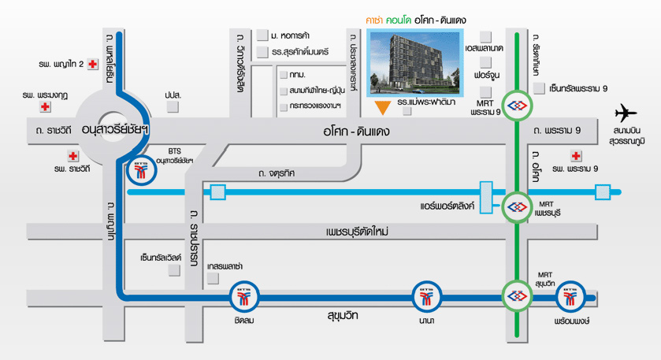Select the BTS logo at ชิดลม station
pos(243,297)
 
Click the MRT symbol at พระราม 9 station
pos(517,106)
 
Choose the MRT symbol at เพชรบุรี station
pos(517,207)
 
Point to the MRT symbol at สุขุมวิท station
pos(517,296)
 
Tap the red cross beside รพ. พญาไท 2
pos(94,64)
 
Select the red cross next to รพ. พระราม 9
pos(577,155)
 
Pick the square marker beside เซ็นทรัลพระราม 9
pos(540,88)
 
